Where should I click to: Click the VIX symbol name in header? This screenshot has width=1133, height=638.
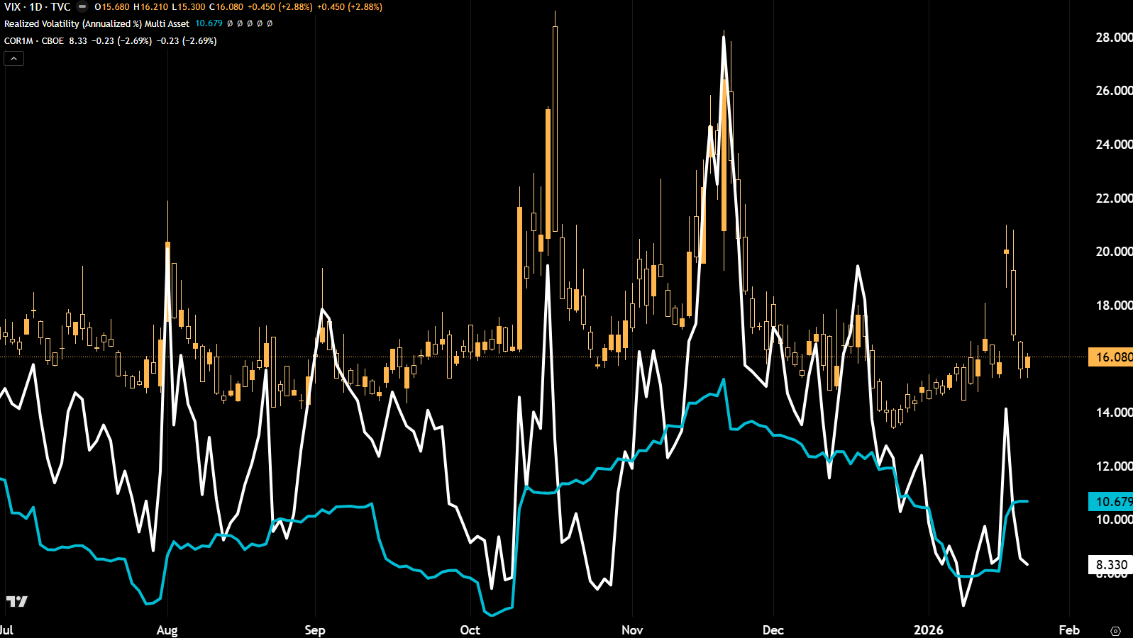(12, 7)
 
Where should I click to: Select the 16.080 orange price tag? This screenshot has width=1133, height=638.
(1111, 357)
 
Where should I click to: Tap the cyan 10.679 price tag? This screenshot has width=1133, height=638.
(1111, 502)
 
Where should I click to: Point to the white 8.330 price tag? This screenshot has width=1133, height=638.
(1111, 565)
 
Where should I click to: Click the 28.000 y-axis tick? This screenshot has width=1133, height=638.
(1113, 38)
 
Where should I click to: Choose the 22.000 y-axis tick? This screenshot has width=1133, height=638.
(1113, 198)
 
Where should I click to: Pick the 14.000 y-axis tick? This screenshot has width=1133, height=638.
(1113, 413)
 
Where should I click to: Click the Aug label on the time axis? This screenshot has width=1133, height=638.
(167, 630)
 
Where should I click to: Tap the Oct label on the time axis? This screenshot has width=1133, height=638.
(470, 630)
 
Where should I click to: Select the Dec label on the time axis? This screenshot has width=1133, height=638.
(773, 630)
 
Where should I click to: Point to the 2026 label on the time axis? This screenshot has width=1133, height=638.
(928, 630)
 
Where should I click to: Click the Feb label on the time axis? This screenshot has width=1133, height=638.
(1068, 630)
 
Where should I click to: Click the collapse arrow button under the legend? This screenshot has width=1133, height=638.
(14, 59)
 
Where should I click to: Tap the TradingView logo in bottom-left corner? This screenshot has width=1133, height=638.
(17, 602)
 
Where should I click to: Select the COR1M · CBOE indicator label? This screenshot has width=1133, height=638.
(34, 41)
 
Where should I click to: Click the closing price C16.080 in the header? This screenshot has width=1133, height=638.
(226, 7)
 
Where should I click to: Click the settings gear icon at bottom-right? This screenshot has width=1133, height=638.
(1115, 631)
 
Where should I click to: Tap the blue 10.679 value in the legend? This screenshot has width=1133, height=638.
(209, 24)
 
